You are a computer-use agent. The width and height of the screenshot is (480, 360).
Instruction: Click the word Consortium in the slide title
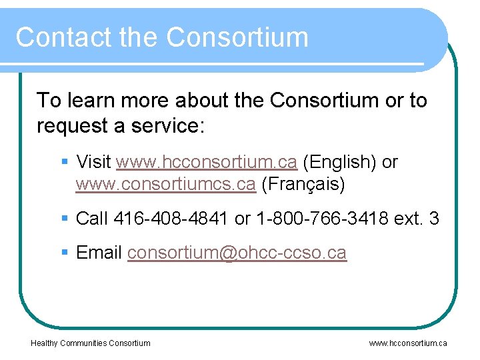point(237,37)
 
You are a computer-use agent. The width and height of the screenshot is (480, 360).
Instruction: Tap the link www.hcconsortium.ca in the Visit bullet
point(206,162)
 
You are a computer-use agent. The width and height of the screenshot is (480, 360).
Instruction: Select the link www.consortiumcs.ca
point(165,185)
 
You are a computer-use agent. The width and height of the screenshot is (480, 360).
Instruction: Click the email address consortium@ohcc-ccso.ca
point(237,253)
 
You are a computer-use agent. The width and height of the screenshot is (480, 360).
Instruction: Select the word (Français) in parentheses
point(303,185)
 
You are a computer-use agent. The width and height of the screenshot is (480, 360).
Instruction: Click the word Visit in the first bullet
point(94,162)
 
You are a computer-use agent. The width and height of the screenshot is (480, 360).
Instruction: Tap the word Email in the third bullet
point(99,253)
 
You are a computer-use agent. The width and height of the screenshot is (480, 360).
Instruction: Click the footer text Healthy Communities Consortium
point(91,343)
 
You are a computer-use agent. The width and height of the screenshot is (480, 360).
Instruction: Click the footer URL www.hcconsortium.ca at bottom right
point(408,343)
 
